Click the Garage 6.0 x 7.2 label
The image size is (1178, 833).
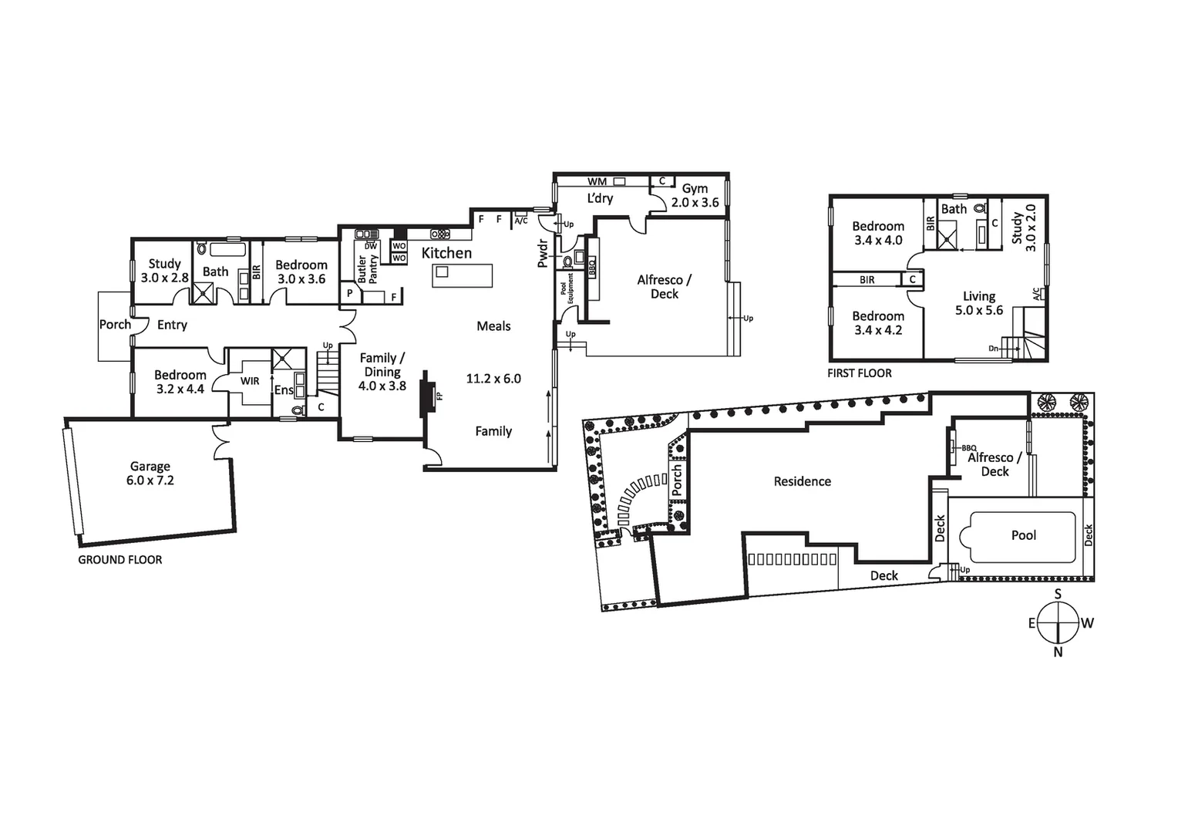[150, 473]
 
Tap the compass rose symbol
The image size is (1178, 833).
[1058, 622]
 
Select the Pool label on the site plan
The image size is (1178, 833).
[1023, 535]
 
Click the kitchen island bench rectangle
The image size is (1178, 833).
[463, 275]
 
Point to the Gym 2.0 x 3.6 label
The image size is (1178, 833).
[695, 195]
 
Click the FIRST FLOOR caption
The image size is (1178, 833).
[859, 373]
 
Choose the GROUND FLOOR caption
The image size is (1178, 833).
[120, 560]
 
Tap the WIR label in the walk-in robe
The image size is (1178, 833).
[250, 381]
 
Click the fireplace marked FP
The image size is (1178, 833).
[427, 395]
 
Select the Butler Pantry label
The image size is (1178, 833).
[368, 269]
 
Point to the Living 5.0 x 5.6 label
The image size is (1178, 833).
[979, 303]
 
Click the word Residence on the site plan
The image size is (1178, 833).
[802, 481]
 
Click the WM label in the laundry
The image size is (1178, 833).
[597, 182]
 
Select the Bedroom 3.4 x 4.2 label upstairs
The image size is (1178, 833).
[877, 322]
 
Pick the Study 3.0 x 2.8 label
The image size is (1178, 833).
[164, 271]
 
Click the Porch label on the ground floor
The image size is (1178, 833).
[115, 325]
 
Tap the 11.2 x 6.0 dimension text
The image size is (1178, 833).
[493, 379]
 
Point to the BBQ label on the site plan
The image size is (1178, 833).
[968, 447]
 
